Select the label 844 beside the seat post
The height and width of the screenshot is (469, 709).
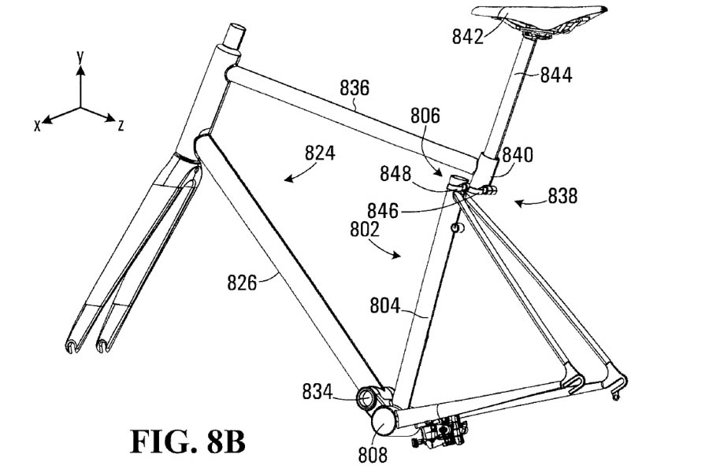pos(556,76)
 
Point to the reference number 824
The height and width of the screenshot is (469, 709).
pos(320,154)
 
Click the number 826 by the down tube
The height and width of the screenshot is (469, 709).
pos(242,281)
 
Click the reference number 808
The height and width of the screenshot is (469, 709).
pos(373,454)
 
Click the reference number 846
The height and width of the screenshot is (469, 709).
pos(383,211)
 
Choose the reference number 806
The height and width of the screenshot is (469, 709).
pos(425,116)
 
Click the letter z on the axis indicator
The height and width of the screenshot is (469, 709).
pos(120,125)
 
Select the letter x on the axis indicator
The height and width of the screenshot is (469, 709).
pos(36,126)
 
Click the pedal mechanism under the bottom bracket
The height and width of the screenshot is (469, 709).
pos(441,432)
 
